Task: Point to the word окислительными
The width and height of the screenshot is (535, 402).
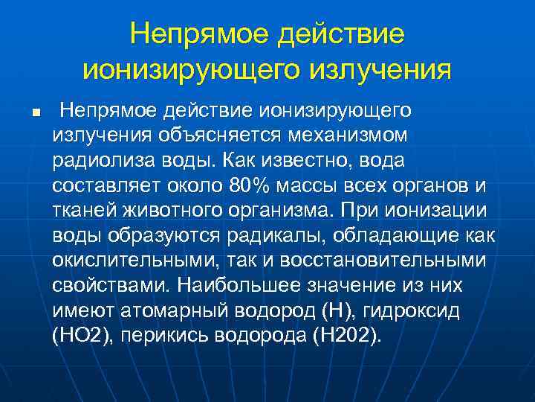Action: point(126,261)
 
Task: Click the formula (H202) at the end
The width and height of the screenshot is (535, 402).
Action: point(348,335)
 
